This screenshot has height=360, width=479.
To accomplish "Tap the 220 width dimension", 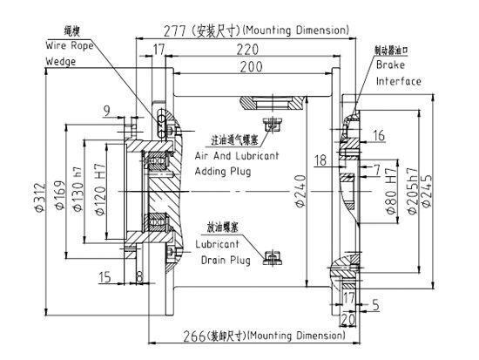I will [253, 50].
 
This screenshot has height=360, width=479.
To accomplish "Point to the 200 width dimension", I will [253, 67].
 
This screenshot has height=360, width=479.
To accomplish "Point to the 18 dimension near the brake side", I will [322, 160].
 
